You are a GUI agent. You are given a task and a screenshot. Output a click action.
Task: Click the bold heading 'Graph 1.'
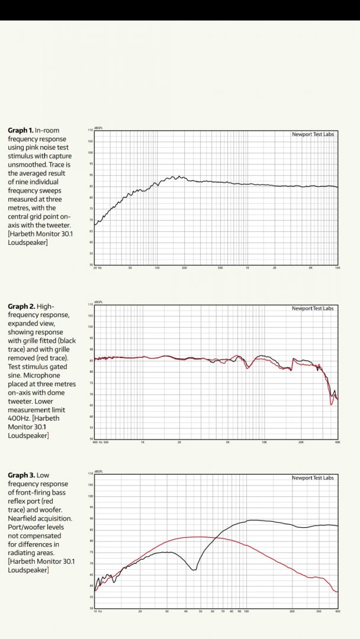click(21, 130)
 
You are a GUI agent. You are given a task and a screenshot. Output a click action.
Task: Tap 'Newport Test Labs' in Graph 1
click(313, 134)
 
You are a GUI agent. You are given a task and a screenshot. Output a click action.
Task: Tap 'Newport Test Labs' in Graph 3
click(313, 478)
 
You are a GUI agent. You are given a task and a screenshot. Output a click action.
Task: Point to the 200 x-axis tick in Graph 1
click(184, 268)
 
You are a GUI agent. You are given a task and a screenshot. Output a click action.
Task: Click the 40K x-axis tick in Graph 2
click(337, 442)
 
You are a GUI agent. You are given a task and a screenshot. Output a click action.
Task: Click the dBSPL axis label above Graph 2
click(99, 301)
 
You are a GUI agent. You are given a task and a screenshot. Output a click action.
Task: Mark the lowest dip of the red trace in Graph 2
click(331, 405)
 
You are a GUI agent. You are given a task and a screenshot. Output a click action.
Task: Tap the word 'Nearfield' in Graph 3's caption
click(24, 518)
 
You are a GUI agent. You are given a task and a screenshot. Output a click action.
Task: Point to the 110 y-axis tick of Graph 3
click(90, 474)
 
